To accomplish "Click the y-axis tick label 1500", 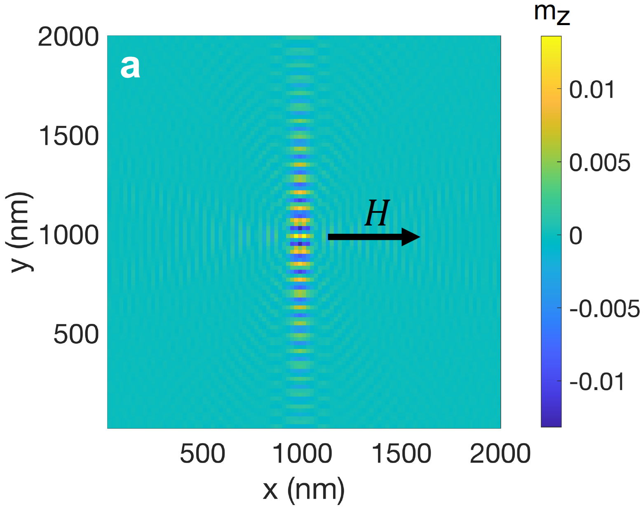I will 68,136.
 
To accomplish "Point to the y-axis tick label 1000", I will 68,235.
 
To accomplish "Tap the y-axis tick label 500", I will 76,334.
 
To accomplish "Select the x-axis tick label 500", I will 202,454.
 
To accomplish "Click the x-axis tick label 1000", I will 302,454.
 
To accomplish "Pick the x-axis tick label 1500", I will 401,454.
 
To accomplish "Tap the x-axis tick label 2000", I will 500,454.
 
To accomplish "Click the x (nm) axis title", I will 304,490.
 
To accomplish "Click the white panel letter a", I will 130,67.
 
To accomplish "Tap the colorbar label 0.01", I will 592,89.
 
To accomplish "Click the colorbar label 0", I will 576,235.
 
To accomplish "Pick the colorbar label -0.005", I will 604,309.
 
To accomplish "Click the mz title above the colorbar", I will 551,13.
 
